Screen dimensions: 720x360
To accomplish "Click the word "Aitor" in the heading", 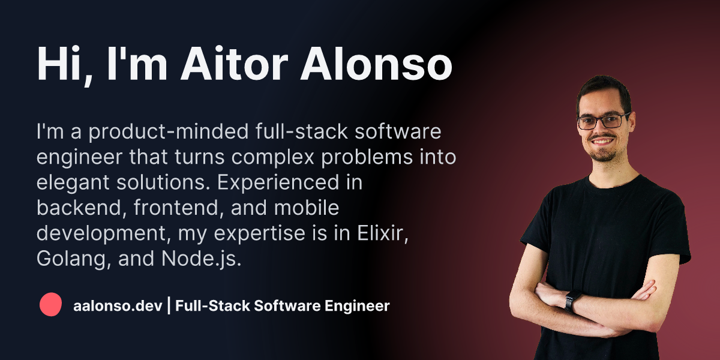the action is click(235, 64).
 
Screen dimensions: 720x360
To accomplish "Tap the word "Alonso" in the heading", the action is click(376, 64).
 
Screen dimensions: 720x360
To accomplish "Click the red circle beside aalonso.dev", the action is click(50, 304).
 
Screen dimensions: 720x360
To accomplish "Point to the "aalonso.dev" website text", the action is click(118, 305).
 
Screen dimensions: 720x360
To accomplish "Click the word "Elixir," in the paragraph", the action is click(383, 233).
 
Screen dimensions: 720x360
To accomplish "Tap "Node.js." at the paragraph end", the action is click(201, 259).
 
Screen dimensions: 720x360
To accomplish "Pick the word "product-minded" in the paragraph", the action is click(169, 132).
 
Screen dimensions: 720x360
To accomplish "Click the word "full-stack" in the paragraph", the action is click(302, 131).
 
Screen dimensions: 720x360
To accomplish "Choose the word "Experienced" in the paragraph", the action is click(278, 183).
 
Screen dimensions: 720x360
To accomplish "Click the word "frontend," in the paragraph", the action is click(179, 208).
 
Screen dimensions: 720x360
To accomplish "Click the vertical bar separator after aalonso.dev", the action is click(169, 305).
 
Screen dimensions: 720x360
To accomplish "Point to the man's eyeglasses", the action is click(604, 121).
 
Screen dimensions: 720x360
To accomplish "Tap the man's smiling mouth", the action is click(602, 141).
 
